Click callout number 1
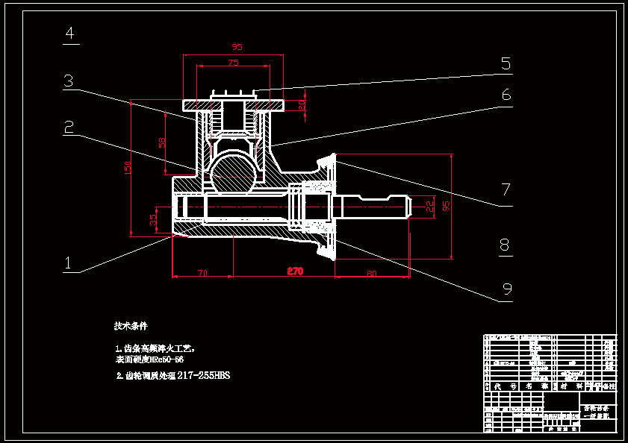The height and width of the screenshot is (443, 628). pos(68,263)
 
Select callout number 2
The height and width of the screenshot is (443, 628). pos(69,128)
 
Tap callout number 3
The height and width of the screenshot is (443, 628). pos(69,81)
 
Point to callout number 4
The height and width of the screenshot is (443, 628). pos(70,34)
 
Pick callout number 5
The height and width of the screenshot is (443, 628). pos(506,64)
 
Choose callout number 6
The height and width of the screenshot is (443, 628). pos(506,95)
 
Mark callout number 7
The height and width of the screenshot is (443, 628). pos(506,190)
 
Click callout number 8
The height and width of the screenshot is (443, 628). pos(506,245)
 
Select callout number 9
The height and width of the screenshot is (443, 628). pos(506,289)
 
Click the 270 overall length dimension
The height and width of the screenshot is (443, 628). pos(296,271)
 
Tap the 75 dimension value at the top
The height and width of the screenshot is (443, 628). pos(234,63)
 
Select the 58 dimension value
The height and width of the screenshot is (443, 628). pos(162,142)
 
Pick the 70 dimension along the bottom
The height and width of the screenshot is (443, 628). pos(202,273)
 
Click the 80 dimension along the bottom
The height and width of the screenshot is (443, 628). pos(372,273)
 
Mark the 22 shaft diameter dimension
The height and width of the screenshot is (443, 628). pos(429,204)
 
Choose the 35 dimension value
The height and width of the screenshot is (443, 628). pos(154,219)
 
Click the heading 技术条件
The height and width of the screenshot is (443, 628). pos(131,326)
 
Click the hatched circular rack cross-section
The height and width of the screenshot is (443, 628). pos(233,172)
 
